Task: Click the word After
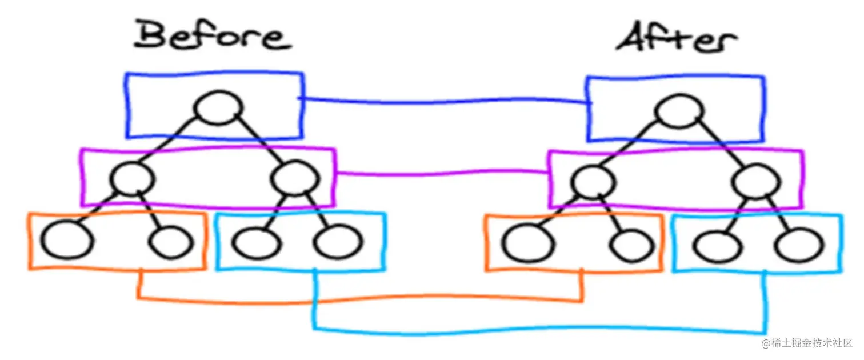coord(675,40)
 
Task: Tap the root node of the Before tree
coord(218,108)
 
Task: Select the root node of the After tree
coord(679,112)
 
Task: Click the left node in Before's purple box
coord(133,179)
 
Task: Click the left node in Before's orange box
coord(67,242)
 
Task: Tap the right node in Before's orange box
coord(170,242)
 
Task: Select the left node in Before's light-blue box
coord(256,243)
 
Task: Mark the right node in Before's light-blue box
coord(338,242)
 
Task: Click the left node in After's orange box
coord(528,244)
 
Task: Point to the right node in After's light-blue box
coord(800,246)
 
